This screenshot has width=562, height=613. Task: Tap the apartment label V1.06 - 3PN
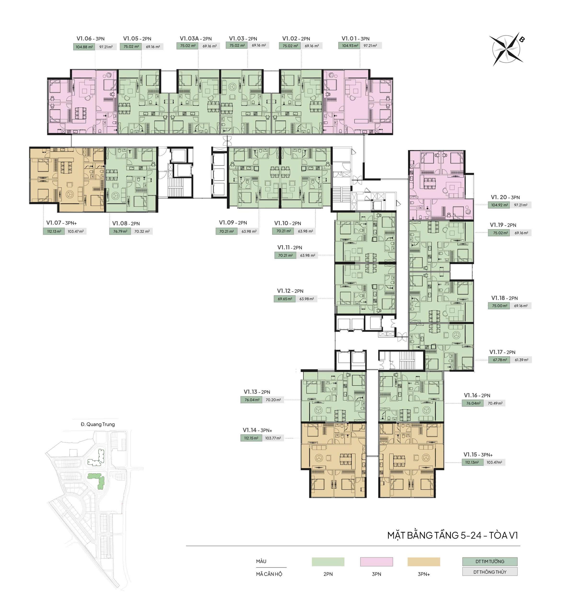pos(90,39)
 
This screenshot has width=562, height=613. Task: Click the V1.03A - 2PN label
pos(196,39)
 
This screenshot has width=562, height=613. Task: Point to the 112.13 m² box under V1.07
pos(54,231)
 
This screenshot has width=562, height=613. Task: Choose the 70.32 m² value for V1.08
pos(142,231)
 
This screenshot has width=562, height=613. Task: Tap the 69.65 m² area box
pos(285,299)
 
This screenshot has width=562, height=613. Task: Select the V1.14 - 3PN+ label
pos(258,430)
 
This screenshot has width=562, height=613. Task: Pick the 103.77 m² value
pos(273,438)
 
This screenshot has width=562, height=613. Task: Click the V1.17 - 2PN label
pos(502,352)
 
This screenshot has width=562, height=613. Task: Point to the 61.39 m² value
pos(522,360)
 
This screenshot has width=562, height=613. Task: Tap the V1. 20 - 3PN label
pos(505,197)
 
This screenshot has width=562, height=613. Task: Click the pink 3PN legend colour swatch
pos(376,562)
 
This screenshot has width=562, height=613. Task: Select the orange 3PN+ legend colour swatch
pos(424,562)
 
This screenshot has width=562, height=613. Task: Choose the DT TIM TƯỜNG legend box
pos(490,562)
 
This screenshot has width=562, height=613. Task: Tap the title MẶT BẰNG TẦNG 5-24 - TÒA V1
pos(453,535)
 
